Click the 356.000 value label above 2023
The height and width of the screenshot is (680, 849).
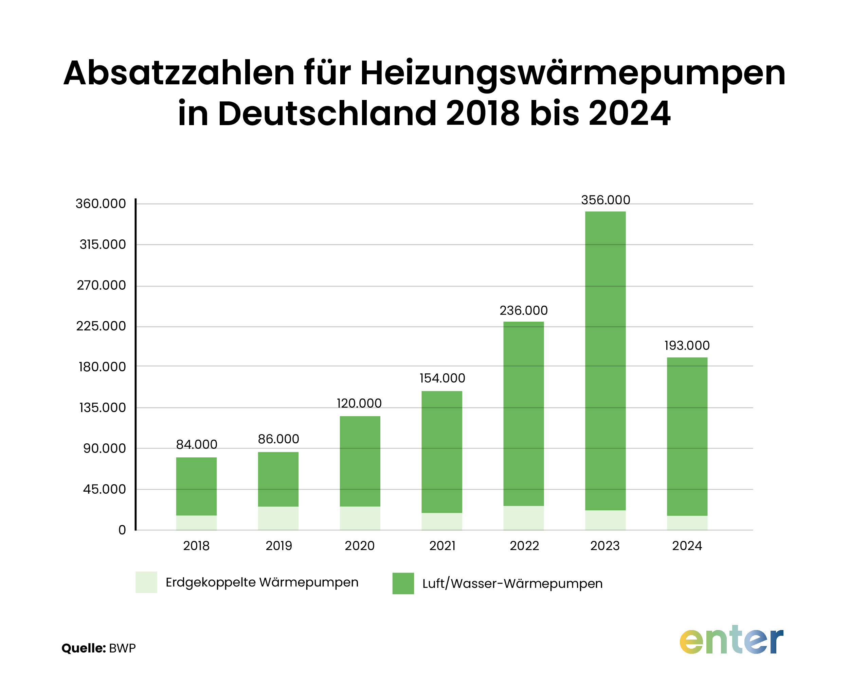click(x=605, y=200)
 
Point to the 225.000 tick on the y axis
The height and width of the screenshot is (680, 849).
click(x=101, y=326)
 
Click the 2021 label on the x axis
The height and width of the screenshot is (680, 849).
click(x=442, y=546)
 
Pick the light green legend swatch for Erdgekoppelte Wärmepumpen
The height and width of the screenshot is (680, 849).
click(x=146, y=582)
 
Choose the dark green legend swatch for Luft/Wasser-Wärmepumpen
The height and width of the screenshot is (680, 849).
click(x=403, y=583)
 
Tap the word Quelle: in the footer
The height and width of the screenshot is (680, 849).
click(x=84, y=648)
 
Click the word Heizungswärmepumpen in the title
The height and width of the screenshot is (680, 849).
click(x=573, y=73)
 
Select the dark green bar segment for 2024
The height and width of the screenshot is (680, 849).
click(x=687, y=436)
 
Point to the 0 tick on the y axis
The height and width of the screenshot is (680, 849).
click(x=122, y=530)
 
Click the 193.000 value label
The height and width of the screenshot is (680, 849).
click(x=687, y=345)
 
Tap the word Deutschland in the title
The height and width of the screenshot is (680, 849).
click(x=327, y=114)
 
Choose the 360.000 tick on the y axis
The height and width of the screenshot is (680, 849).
click(x=101, y=203)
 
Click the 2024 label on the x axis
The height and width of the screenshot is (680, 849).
click(x=687, y=546)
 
